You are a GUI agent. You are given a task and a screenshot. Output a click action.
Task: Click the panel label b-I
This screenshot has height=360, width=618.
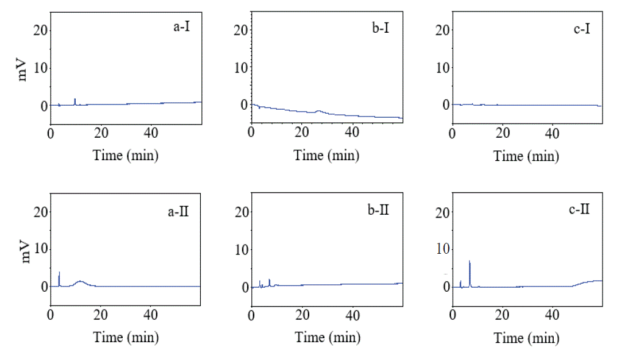point(380,26)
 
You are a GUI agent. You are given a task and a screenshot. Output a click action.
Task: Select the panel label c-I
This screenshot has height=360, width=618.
point(581,26)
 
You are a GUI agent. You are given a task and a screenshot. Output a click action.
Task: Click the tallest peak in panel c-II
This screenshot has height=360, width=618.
point(470,262)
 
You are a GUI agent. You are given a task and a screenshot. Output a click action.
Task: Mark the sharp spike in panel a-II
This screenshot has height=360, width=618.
point(59,273)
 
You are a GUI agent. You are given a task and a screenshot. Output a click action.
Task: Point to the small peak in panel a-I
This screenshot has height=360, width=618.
point(75,99)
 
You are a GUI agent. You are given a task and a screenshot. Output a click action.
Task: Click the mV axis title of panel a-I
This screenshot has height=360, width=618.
point(24,68)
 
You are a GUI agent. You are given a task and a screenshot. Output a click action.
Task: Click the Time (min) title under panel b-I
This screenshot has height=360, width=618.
point(327,156)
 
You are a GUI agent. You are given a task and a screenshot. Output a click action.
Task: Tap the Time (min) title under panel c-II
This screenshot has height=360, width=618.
point(527,338)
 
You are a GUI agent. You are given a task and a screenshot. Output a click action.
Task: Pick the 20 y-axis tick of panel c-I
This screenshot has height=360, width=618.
point(442,30)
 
